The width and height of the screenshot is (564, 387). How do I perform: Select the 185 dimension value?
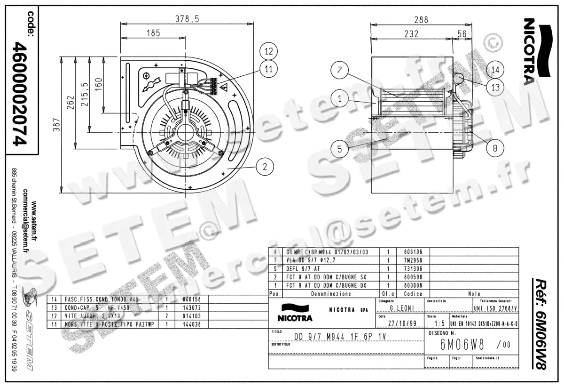(x=153, y=33)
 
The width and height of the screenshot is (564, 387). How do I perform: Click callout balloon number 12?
(x=268, y=51)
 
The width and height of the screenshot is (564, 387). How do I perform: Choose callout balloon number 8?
(x=495, y=148)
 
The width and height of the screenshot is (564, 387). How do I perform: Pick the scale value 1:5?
(x=440, y=323)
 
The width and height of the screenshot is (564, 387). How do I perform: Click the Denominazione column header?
(x=331, y=294)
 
